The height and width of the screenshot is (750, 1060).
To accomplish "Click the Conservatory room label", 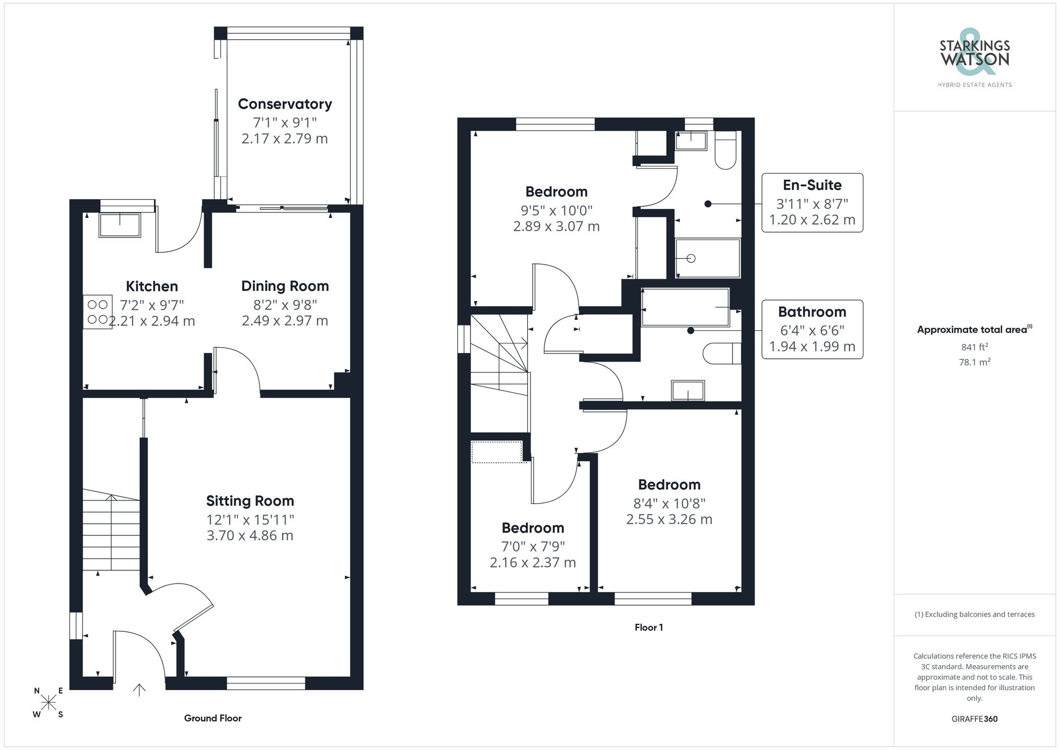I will coord(285,104).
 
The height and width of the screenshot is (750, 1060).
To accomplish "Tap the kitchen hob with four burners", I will coord(98,312).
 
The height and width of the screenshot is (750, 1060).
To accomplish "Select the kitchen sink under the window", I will coord(120,225).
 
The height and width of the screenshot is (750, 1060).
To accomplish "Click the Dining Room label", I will coord(285,286).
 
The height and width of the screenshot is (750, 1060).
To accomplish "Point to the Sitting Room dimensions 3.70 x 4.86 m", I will coord(250,535).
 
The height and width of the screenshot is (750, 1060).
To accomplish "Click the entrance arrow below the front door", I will coord(139,690).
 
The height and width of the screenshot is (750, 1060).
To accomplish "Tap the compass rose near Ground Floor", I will coord(48,703).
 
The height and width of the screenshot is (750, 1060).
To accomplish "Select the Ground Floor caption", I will coord(213,718).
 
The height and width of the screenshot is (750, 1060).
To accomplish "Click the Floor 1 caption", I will coord(649,628).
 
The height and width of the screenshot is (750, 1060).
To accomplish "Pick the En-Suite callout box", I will coord(812,202).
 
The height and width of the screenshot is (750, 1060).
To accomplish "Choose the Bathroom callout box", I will coord(812,330).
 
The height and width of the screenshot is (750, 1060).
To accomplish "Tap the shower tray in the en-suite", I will coord(708,258).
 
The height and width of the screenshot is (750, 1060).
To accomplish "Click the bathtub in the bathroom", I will coord(685,307).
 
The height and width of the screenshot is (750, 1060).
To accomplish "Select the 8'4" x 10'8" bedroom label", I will coord(669,501).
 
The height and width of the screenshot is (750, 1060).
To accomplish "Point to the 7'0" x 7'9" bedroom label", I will coord(533,545).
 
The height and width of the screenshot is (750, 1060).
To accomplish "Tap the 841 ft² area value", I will coord(974,347).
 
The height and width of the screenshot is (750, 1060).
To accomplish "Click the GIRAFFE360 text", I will coord(974,719).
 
